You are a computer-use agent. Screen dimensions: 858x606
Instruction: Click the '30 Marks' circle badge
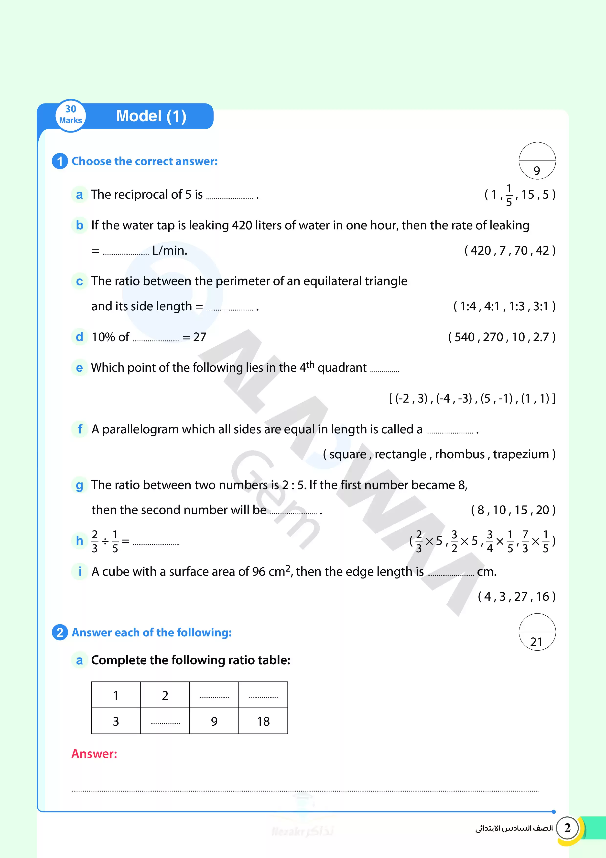point(71,115)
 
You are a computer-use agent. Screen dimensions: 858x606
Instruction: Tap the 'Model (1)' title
point(151,116)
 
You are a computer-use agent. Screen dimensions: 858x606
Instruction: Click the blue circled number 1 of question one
point(60,161)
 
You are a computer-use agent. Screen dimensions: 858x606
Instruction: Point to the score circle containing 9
point(537,161)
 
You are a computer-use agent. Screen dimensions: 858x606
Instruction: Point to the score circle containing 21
point(537,632)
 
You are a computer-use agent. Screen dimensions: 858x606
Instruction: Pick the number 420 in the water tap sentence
point(242,225)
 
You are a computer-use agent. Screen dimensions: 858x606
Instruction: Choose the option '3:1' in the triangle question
point(540,306)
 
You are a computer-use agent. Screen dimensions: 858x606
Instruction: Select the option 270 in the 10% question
point(493,337)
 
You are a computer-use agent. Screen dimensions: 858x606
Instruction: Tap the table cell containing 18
point(263,721)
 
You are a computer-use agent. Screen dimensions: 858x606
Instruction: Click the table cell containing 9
point(214,721)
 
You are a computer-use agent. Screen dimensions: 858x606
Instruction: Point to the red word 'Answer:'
point(94,754)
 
